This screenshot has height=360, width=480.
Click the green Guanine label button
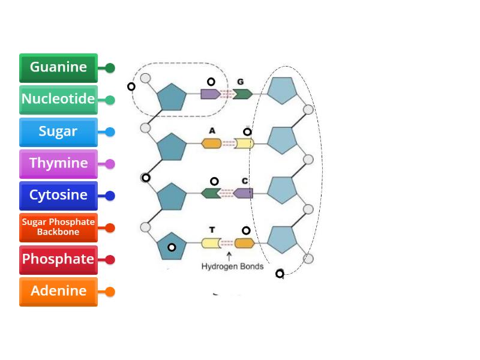[58, 68]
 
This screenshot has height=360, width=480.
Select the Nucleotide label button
[58, 100]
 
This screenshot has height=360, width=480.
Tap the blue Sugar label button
[58, 131]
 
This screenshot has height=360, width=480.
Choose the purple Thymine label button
[58, 163]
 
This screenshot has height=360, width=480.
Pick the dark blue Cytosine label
[58, 195]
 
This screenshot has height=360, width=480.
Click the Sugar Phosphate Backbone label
[58, 227]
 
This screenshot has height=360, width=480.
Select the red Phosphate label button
[58, 259]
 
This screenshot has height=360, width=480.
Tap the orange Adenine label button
[58, 291]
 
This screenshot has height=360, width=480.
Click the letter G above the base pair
[240, 82]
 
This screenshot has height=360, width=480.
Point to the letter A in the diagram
[212, 130]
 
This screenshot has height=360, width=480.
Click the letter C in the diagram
[245, 181]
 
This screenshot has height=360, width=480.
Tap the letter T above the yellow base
[212, 230]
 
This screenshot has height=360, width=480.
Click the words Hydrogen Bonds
[232, 266]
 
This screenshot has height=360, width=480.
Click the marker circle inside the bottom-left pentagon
[172, 247]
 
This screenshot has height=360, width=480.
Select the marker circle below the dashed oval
[280, 274]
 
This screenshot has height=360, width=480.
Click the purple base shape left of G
[209, 94]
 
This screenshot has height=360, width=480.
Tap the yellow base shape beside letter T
[211, 243]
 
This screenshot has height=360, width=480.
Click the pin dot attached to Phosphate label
[110, 260]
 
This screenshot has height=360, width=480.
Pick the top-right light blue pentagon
[282, 91]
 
